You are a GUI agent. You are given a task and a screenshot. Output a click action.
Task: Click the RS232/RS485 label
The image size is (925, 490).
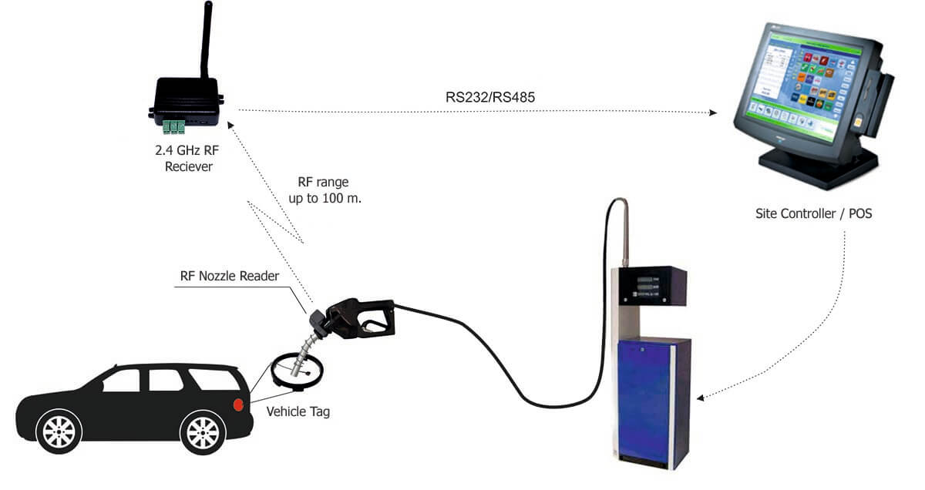click(480, 99)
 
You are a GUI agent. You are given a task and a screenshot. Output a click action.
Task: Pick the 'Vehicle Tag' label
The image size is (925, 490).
click(298, 412)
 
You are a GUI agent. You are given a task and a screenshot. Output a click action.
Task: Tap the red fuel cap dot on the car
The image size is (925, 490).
click(239, 404)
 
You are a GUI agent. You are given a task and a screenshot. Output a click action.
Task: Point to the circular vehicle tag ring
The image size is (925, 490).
click(297, 369)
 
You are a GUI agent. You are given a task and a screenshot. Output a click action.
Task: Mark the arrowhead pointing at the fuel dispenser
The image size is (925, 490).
click(701, 398)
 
